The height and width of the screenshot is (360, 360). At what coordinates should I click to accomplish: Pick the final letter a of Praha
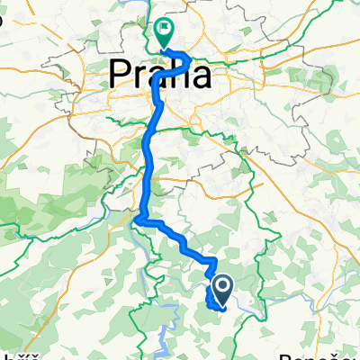point(202,76)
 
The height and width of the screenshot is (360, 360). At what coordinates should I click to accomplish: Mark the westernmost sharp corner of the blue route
point(136,217)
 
